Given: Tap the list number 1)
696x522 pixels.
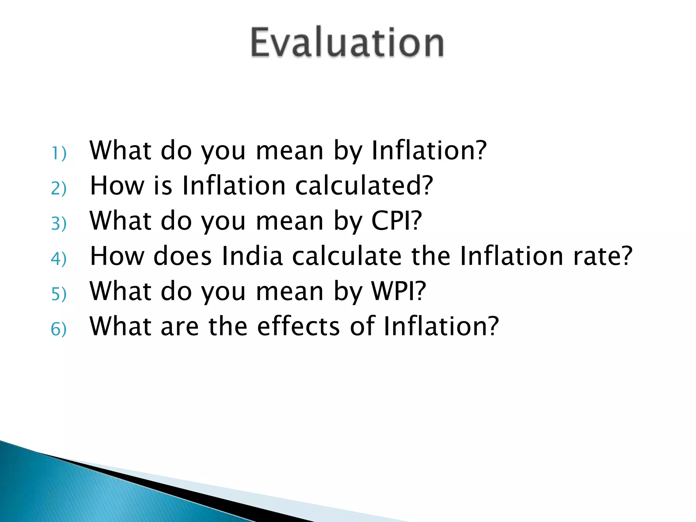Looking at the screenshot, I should click(x=59, y=153).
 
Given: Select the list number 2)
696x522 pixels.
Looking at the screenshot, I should click(x=58, y=188).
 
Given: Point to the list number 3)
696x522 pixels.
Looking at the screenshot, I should click(x=58, y=224).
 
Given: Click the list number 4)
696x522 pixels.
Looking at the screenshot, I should click(x=58, y=259).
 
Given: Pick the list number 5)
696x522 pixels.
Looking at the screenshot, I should click(x=58, y=294).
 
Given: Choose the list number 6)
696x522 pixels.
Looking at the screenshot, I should click(x=58, y=329).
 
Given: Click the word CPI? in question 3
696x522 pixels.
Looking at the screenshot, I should click(x=397, y=221).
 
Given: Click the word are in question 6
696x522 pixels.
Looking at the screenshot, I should click(x=179, y=327).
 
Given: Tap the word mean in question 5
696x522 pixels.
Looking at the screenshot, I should click(x=290, y=292).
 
